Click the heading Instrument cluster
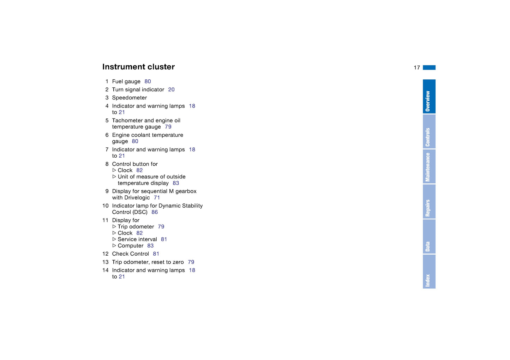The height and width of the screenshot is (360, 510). click(138, 67)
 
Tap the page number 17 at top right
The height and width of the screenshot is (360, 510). click(417, 68)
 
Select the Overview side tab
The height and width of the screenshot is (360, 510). click(429, 97)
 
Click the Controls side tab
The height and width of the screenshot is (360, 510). click(429, 132)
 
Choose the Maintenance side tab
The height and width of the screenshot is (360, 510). click(429, 166)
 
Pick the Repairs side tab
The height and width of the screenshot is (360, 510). click(429, 202)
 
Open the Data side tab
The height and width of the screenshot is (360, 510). click(429, 237)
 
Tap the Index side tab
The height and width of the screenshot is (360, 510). click(429, 271)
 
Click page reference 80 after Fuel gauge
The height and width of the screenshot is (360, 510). click(148, 81)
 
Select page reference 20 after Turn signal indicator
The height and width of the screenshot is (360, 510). click(171, 90)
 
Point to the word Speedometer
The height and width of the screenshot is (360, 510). click(130, 98)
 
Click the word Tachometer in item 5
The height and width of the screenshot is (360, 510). click(127, 121)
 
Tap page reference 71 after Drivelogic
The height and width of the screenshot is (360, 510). click(157, 198)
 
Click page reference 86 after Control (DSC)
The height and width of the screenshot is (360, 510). click(155, 212)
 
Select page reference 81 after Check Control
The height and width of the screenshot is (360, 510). click(156, 254)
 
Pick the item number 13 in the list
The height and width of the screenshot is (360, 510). click(105, 262)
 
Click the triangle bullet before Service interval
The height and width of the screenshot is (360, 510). click(114, 239)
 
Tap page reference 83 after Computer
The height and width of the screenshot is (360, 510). click(150, 246)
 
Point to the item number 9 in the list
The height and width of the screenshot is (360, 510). click(107, 191)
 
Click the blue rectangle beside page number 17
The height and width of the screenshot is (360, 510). click(429, 68)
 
